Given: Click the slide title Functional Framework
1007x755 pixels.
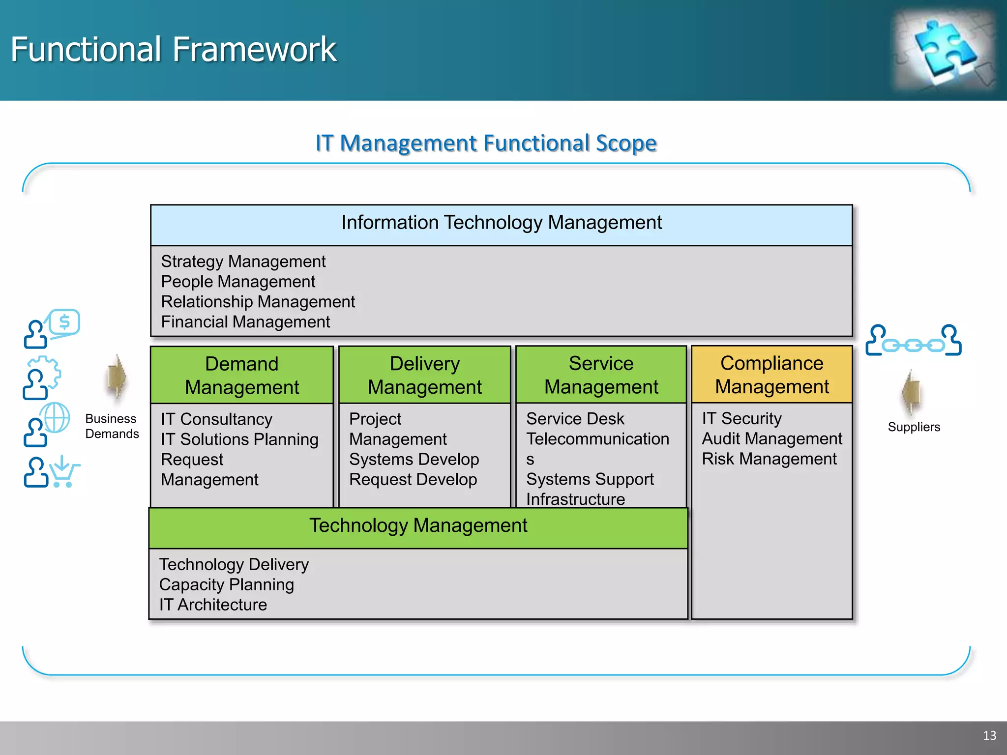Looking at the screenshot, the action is point(174,50).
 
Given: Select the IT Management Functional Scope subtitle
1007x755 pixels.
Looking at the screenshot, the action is point(486,143).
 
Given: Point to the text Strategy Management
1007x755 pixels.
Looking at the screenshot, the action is point(243,261).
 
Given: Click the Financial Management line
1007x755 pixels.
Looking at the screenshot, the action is point(245,322).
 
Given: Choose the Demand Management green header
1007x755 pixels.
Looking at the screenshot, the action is point(242,376).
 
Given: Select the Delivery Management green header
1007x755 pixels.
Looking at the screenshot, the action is point(425,376).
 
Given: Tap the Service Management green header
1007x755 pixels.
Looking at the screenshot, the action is point(601,375).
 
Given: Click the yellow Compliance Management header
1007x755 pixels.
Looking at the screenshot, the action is point(771,375).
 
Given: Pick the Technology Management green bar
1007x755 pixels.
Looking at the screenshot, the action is point(418,526).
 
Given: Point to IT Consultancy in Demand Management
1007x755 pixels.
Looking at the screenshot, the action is point(216,419).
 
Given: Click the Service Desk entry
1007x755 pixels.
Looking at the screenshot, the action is point(575,419).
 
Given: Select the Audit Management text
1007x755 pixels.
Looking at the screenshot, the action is point(771,439).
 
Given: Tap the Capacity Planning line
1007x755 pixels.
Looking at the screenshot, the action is point(226,585).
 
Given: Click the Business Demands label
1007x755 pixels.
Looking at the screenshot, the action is point(112,426).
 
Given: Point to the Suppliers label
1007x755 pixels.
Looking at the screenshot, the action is point(914,427).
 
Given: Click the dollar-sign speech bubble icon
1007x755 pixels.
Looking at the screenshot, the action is point(64,323).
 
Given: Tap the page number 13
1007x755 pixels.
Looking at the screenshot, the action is point(989,735).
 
